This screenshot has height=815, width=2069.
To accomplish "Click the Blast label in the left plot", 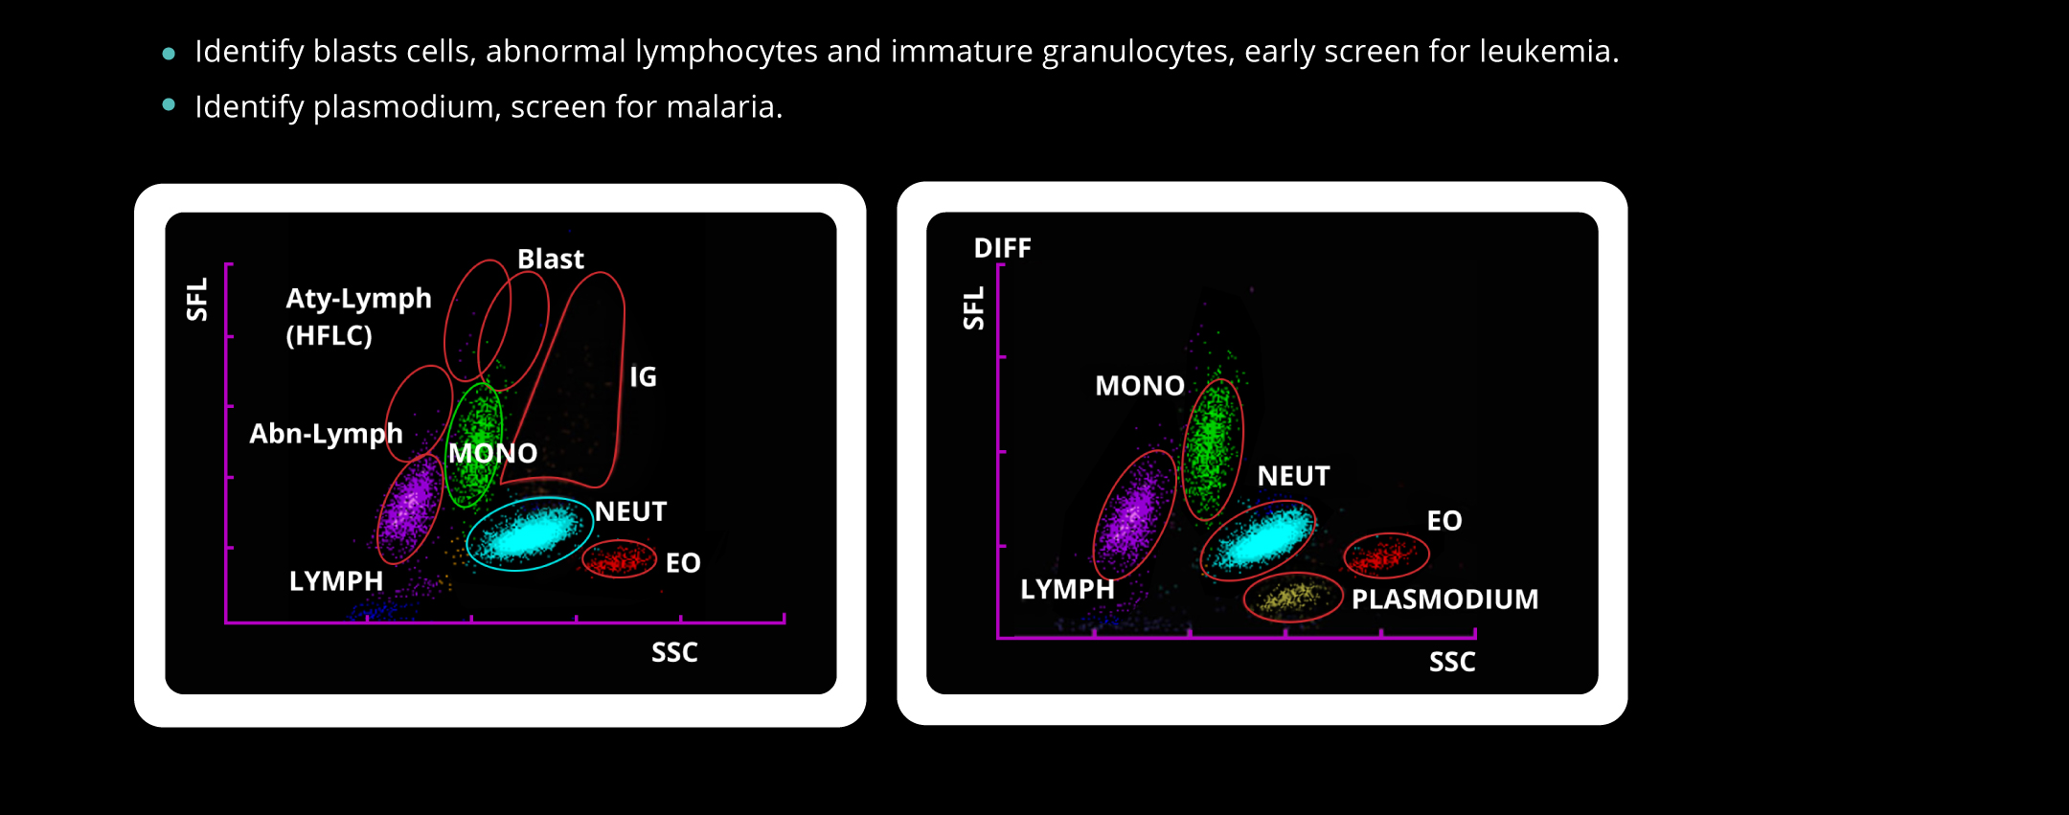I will click(x=550, y=259).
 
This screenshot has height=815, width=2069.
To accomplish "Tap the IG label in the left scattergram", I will click(x=643, y=376).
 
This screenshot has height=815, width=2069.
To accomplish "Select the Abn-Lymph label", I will click(x=326, y=434).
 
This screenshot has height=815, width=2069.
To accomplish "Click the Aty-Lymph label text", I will click(x=358, y=298).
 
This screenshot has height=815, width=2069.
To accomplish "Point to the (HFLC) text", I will click(x=329, y=335).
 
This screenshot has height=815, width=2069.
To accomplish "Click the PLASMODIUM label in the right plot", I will click(x=1444, y=599).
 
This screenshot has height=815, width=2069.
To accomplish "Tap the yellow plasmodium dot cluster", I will click(x=1292, y=598).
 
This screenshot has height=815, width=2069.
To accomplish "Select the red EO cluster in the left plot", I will click(x=619, y=558).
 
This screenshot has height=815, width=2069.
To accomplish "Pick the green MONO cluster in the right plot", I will click(x=1213, y=448).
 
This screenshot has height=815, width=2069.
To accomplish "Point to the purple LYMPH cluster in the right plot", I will click(x=1134, y=515).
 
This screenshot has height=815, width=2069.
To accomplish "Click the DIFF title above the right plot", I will click(x=1002, y=248).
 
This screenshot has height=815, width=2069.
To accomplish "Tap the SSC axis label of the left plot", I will click(x=674, y=652).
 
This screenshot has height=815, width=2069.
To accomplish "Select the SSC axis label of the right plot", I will click(x=1451, y=662).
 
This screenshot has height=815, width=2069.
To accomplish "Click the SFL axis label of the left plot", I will click(x=196, y=299).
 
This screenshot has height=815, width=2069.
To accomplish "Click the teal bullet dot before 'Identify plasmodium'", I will click(x=170, y=105).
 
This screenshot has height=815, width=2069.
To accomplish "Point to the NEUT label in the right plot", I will click(x=1293, y=476).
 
